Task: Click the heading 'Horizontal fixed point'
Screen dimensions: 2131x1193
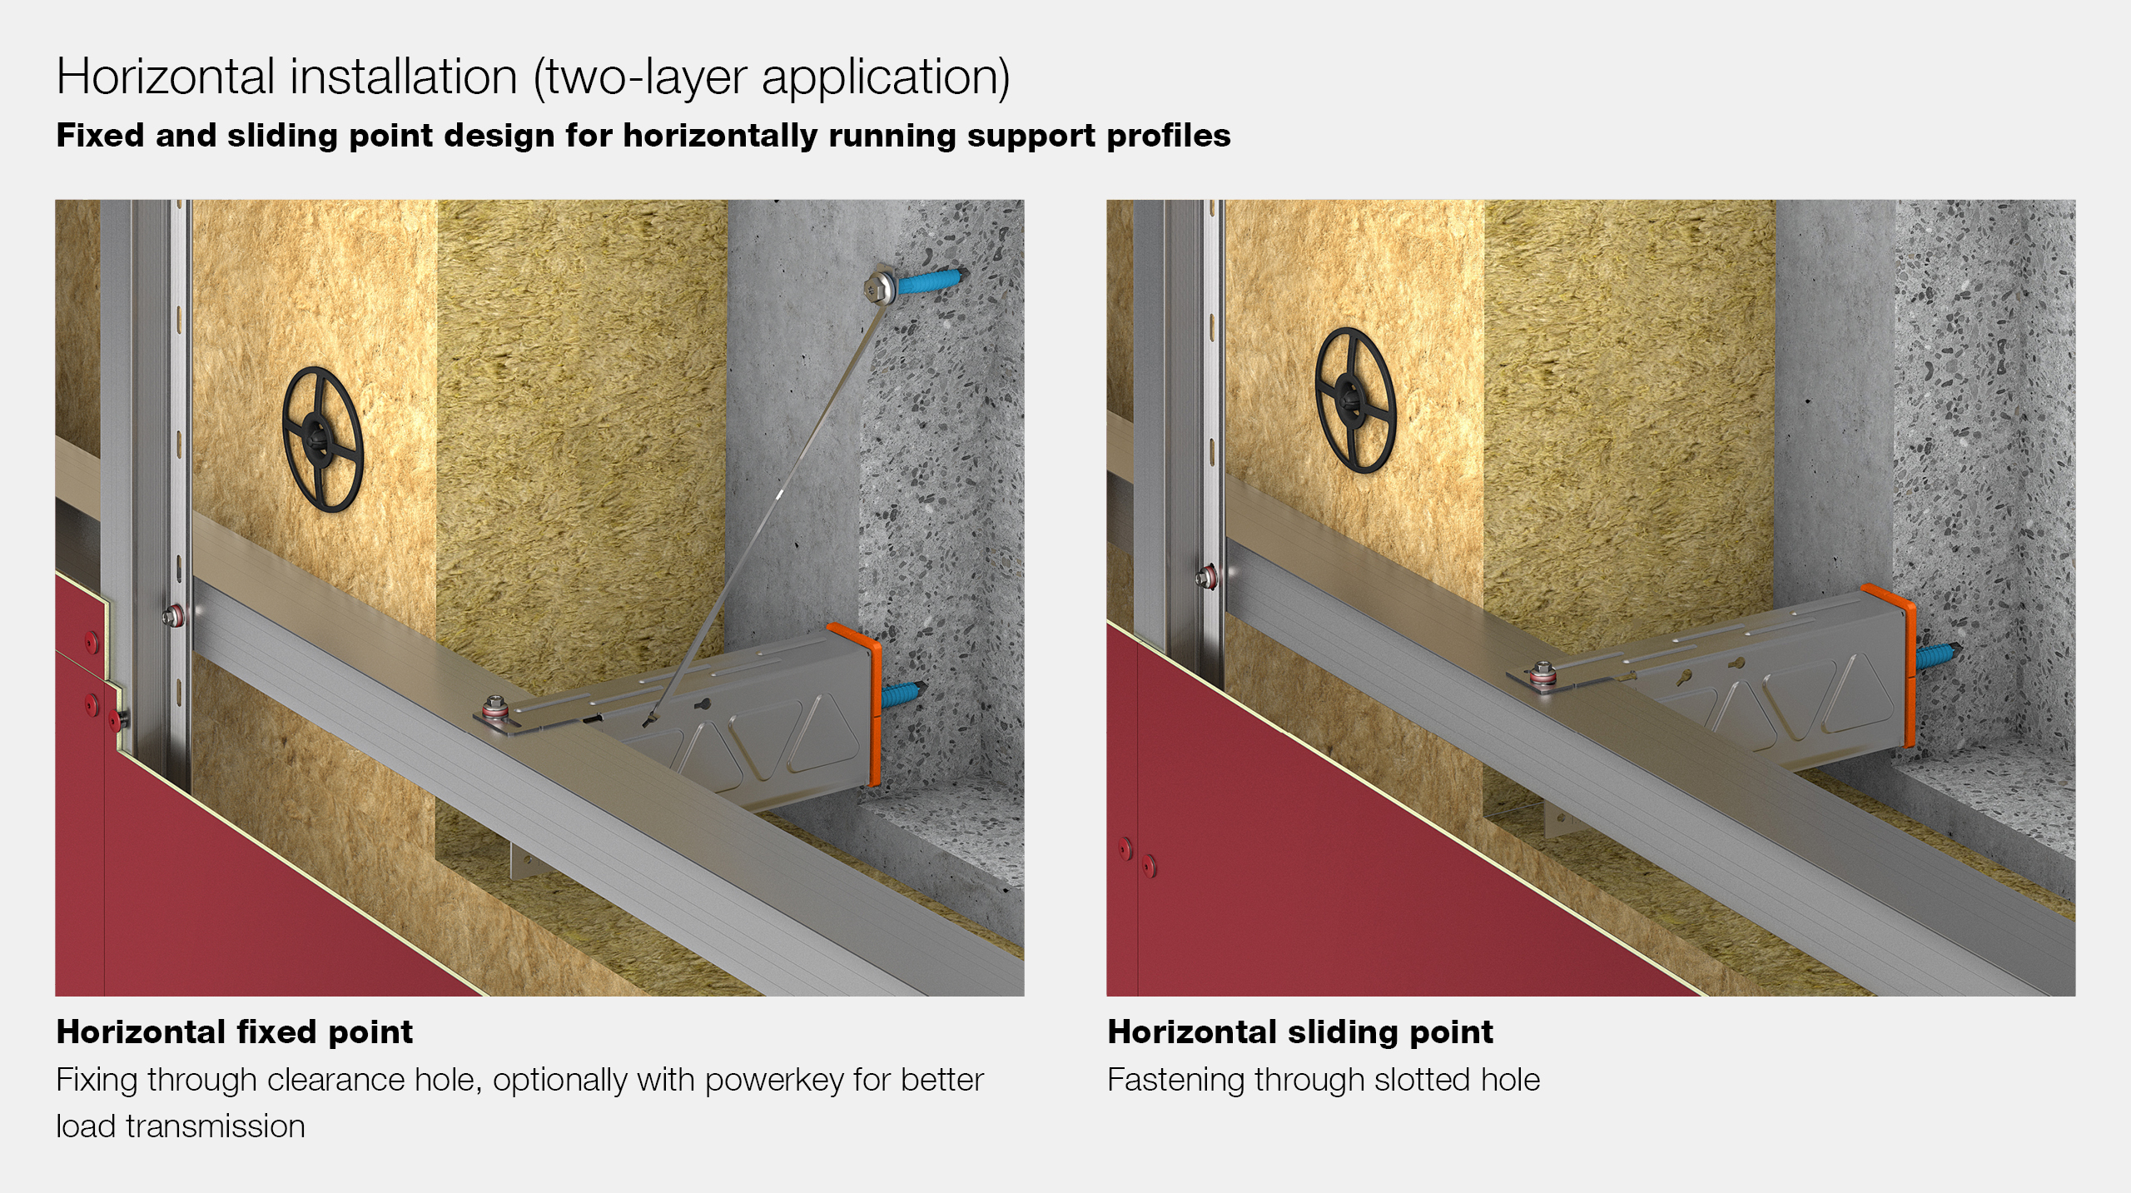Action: [x=234, y=1032]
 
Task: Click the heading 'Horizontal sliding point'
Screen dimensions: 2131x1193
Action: [x=1300, y=1032]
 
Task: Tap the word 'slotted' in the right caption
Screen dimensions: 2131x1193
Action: [x=1423, y=1080]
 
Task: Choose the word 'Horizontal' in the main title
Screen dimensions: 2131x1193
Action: [x=165, y=77]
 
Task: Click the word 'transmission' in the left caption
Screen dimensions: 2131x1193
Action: [x=216, y=1126]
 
